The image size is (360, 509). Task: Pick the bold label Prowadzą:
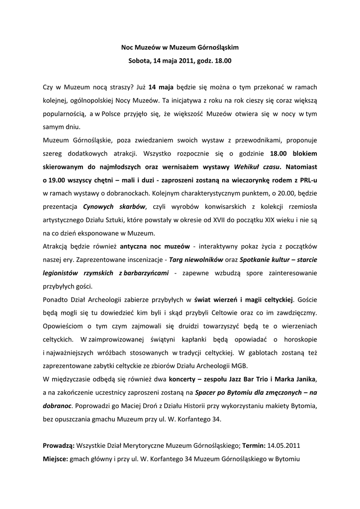[59, 445]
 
